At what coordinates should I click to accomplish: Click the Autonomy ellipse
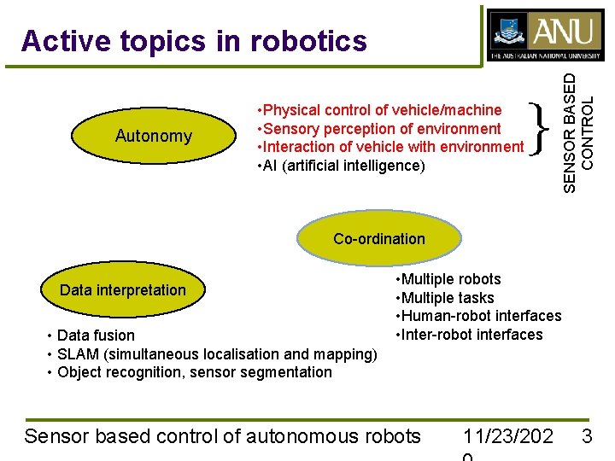(x=154, y=136)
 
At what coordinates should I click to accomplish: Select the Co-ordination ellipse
(x=378, y=239)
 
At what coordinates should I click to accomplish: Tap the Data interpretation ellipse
(x=123, y=290)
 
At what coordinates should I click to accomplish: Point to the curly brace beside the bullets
(x=536, y=128)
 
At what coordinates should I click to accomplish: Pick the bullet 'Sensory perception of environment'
(x=378, y=129)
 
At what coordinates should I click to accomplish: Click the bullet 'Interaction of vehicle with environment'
(x=389, y=147)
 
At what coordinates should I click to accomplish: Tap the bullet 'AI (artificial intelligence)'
(x=340, y=166)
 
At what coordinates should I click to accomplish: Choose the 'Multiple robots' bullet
(x=448, y=279)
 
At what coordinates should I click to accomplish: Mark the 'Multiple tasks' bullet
(x=444, y=298)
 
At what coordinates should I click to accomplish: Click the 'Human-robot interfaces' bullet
(x=477, y=316)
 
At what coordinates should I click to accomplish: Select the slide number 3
(x=587, y=436)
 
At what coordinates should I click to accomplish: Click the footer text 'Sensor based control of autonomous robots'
(x=223, y=436)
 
